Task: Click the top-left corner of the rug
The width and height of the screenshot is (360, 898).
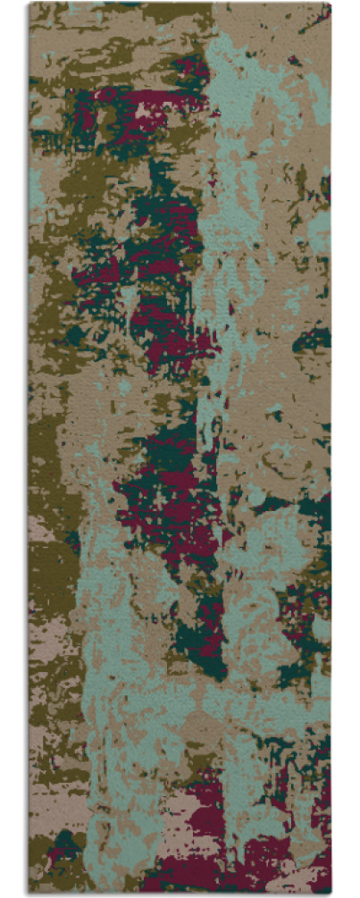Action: click(x=29, y=4)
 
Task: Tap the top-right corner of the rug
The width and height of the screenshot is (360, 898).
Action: click(x=330, y=4)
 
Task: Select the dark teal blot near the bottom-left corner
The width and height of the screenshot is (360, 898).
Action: click(x=67, y=844)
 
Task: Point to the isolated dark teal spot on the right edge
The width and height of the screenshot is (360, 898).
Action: click(x=313, y=340)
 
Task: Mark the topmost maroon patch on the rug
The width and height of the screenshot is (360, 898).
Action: click(x=188, y=67)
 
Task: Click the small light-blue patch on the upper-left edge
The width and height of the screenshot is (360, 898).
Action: click(x=36, y=183)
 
